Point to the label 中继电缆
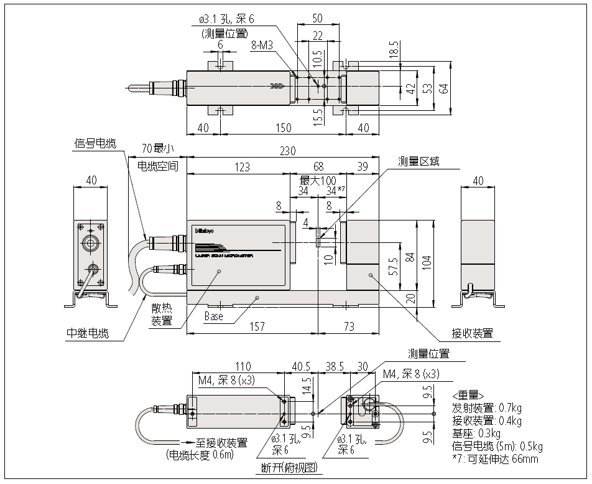click(x=87, y=333)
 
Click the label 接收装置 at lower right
click(x=473, y=333)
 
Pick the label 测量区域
click(x=419, y=161)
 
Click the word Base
click(x=213, y=316)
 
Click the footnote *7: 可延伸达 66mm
click(x=495, y=460)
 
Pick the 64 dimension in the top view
click(x=443, y=88)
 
